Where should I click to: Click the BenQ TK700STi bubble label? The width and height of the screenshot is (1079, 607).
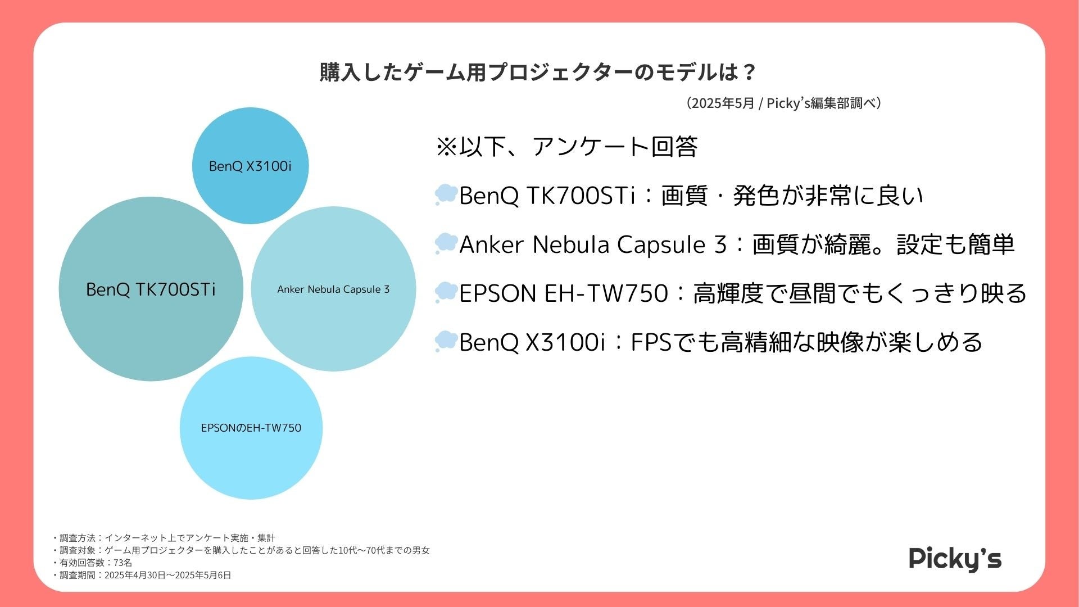click(x=151, y=289)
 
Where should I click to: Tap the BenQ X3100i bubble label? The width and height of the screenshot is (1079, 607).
click(x=250, y=166)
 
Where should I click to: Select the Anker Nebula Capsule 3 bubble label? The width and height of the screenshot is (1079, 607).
click(x=333, y=289)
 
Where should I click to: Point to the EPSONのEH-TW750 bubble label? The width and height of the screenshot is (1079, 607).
click(x=251, y=428)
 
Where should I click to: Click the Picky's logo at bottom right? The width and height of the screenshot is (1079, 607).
click(x=955, y=559)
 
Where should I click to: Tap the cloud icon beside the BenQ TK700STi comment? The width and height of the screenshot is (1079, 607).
click(x=446, y=194)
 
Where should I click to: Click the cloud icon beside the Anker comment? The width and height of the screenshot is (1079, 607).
click(x=446, y=243)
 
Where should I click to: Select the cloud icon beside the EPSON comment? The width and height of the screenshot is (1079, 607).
click(x=446, y=292)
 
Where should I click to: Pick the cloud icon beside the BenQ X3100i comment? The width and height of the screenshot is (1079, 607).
click(x=446, y=341)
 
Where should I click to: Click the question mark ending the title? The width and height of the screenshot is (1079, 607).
click(x=749, y=73)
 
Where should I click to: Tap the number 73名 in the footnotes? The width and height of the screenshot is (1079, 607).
click(x=123, y=563)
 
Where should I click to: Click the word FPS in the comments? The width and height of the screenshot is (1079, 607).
click(x=651, y=342)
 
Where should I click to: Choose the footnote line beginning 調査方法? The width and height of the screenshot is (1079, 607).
click(x=163, y=538)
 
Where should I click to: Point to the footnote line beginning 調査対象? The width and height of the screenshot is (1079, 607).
click(x=241, y=550)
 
